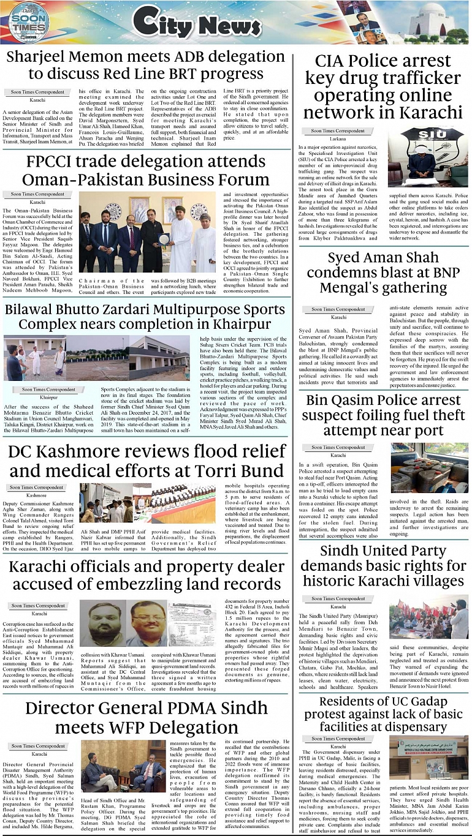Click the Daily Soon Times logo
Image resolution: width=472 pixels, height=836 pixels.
(28, 24)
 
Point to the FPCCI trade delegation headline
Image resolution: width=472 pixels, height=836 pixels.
(147, 171)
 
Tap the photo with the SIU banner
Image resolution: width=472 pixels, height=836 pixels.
(428, 157)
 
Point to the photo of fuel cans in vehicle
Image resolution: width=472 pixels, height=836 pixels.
(428, 468)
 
